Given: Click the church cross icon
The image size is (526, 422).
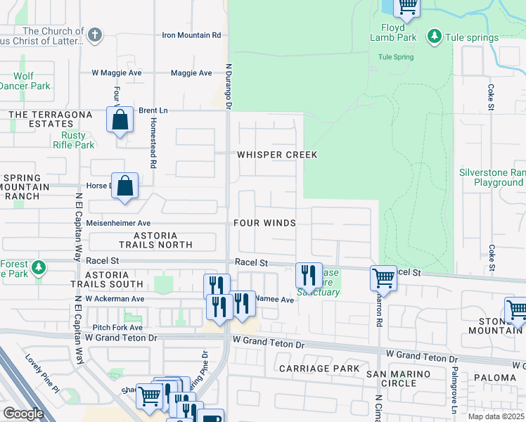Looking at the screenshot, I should pos(95,34).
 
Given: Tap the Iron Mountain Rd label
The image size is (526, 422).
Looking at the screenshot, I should pos(191,35).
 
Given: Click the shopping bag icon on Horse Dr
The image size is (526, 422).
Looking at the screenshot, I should pos(124,186).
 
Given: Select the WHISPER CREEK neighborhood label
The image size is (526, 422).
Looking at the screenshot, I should pos(277,155).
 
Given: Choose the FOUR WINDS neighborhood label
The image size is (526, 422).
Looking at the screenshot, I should pos(264,223).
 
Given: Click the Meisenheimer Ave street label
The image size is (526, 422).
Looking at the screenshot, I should pos(118,223).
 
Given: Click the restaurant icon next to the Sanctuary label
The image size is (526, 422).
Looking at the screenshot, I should pos(309,274).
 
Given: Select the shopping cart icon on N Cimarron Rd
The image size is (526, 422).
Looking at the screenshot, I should pos(383,278).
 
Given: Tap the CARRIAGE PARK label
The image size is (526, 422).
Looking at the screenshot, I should pos(319,369).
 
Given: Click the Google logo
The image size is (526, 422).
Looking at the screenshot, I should pos(23,414).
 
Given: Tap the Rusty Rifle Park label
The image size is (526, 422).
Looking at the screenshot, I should pos(73,140).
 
